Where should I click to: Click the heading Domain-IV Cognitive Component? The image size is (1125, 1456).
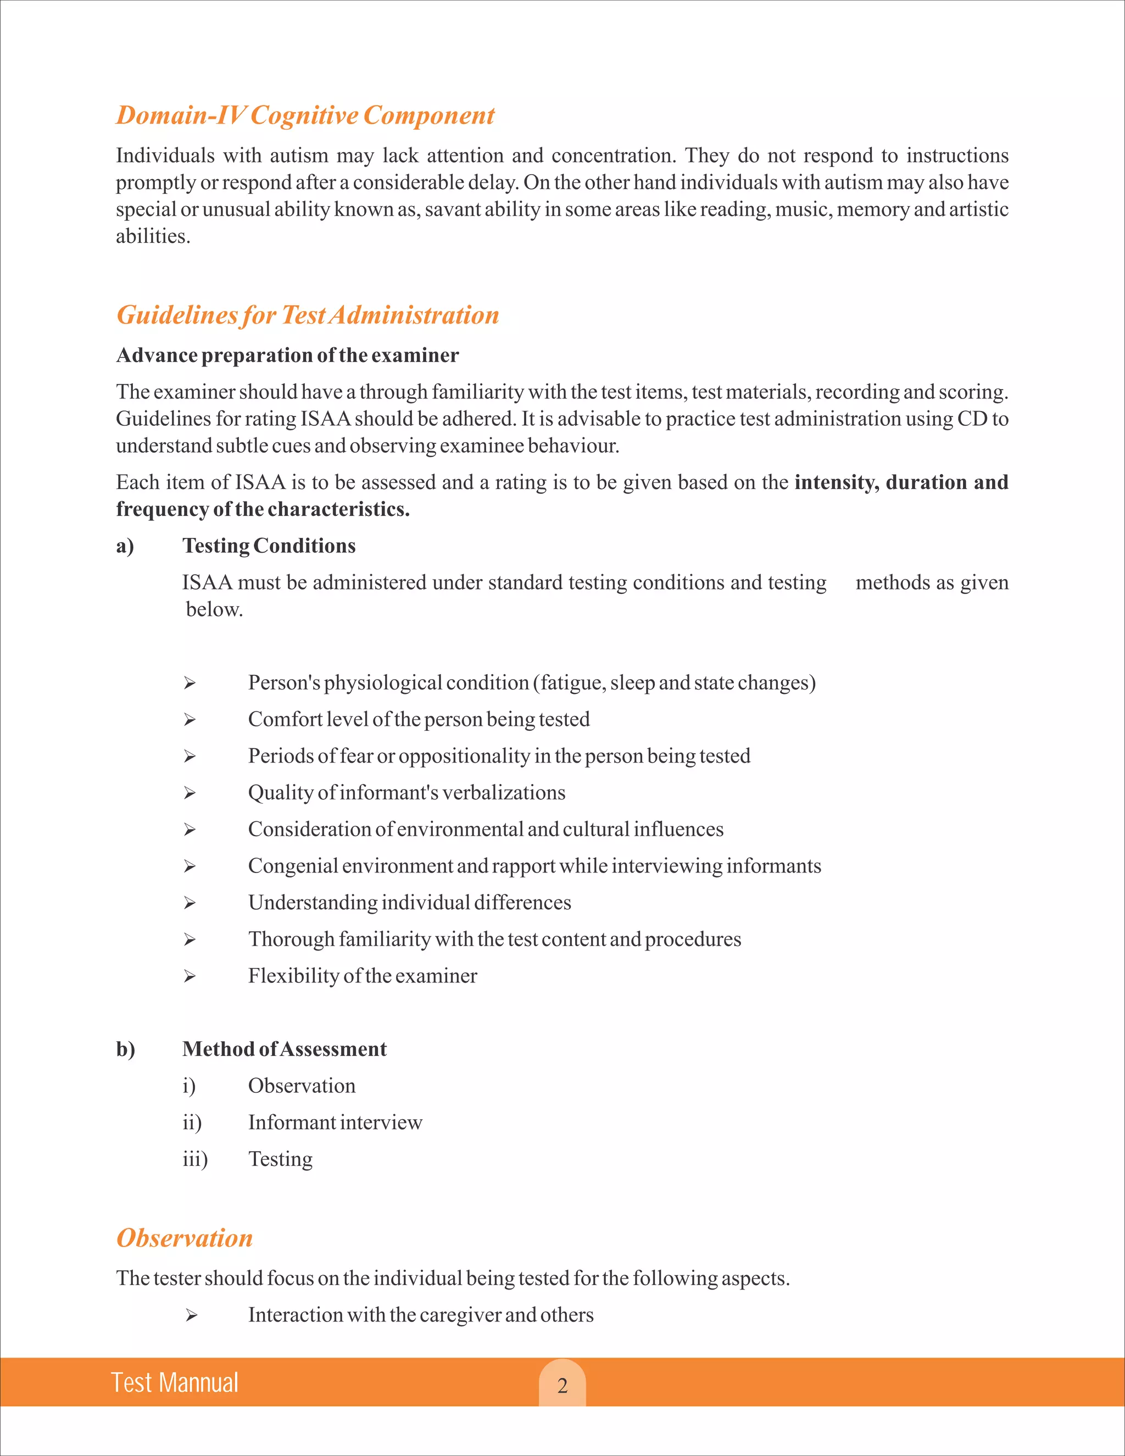305,115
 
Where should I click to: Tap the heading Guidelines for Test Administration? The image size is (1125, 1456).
307,315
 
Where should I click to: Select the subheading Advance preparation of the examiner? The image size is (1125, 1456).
287,355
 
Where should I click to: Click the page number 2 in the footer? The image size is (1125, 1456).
562,1385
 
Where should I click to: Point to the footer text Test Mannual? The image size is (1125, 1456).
175,1383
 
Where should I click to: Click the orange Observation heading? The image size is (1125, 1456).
185,1238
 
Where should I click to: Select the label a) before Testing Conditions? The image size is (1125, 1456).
125,546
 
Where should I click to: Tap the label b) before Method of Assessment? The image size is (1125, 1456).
125,1049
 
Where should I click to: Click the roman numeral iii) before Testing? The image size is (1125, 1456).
194,1159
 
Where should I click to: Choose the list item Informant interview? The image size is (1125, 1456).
335,1122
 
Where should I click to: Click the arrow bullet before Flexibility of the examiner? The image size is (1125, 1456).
190,977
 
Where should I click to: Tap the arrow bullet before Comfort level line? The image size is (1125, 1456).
190,720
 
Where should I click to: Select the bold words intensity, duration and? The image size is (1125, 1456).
901,482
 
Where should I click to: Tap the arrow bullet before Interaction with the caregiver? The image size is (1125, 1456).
191,1315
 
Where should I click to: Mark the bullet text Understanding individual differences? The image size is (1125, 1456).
409,903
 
